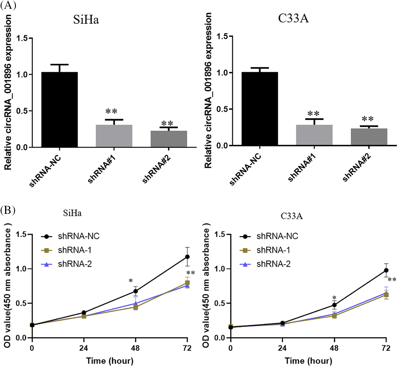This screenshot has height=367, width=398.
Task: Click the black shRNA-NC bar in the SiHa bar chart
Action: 60,110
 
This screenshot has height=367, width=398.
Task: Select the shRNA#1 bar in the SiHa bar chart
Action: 114,136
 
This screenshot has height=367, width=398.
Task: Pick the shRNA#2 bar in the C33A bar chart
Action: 369,137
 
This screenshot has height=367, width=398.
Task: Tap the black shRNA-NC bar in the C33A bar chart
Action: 260,109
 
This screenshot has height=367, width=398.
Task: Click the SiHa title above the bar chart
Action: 86,20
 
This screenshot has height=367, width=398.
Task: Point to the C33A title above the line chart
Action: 292,216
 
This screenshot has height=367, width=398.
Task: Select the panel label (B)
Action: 8,210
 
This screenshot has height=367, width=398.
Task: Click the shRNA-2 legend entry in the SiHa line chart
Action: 75,264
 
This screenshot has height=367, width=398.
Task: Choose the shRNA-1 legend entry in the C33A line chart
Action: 273,250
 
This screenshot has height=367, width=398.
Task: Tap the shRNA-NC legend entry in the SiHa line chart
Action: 79,236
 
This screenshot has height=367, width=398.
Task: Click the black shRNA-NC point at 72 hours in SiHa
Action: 187,257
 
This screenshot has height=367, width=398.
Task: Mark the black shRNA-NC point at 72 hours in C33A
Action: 386,270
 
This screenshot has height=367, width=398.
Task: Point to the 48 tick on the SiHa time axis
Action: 136,348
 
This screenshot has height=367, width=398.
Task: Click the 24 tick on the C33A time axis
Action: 282,348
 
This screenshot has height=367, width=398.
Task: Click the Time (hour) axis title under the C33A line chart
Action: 308,361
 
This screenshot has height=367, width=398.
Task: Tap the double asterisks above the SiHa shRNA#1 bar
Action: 111,111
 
